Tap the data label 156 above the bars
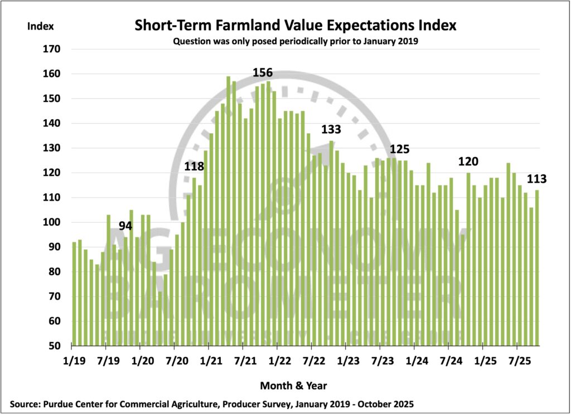[263, 73]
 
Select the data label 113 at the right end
[536, 179]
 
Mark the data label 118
[195, 167]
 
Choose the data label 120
[468, 162]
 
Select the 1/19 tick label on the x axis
[75, 361]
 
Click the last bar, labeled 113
[537, 267]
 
